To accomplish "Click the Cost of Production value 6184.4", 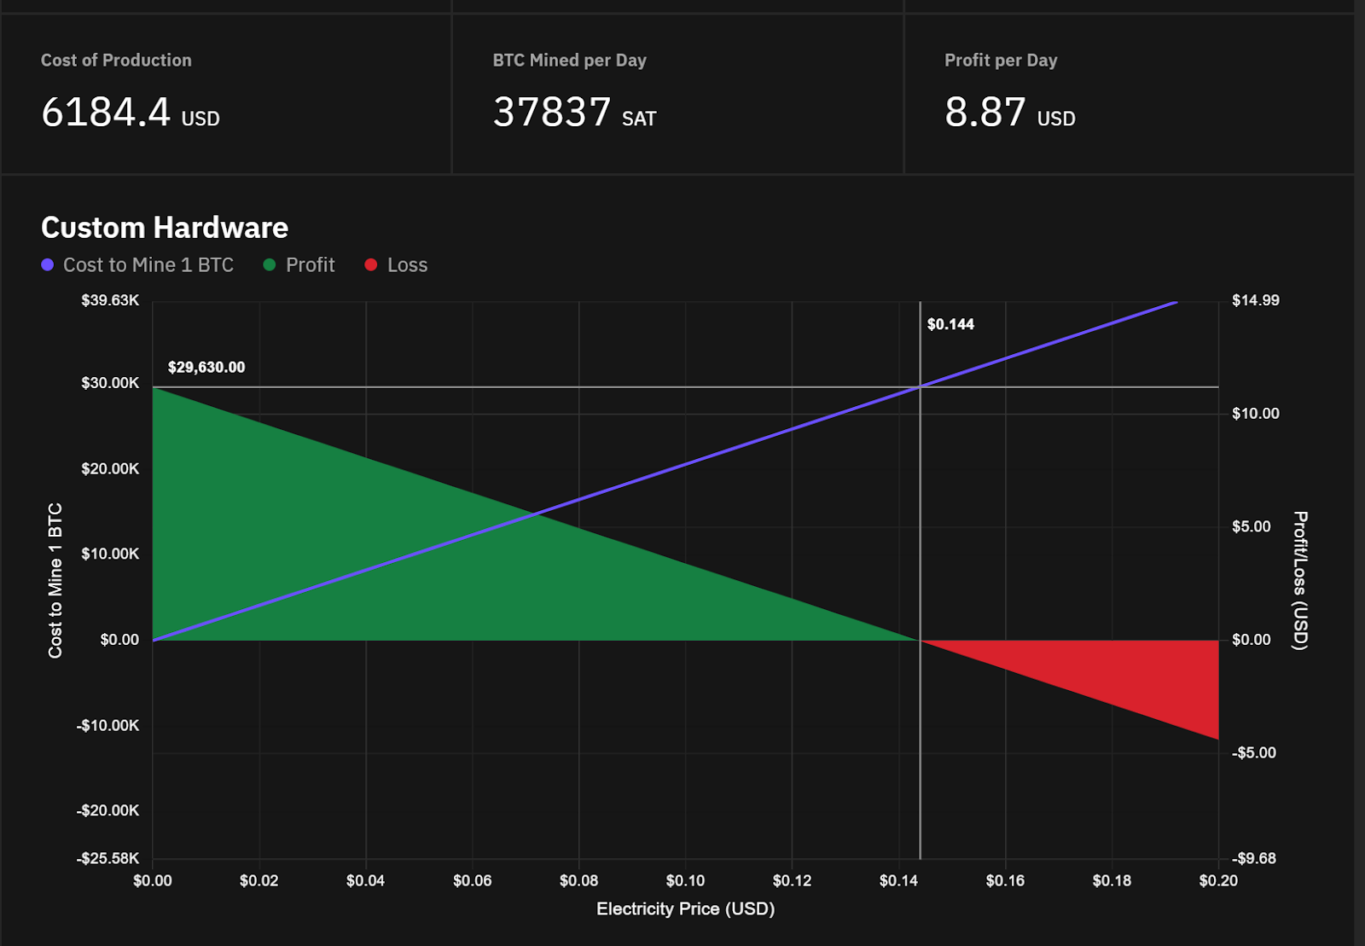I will [106, 113].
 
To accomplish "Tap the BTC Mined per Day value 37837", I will [552, 113].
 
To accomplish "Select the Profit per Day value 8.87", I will [985, 113].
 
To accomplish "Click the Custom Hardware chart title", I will [165, 228].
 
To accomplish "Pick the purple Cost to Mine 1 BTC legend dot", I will [48, 265].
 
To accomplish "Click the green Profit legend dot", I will [270, 265].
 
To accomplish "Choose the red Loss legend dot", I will [371, 265].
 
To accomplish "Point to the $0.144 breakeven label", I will [950, 324].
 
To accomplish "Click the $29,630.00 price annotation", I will [206, 368].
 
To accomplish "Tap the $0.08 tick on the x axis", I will [578, 880].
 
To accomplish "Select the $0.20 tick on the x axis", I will [1218, 880].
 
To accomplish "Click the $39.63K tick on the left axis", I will [110, 300].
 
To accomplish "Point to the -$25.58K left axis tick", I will [107, 858].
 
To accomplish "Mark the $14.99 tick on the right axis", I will [1256, 300].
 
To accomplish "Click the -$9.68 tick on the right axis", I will [1254, 858].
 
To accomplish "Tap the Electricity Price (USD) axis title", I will [685, 909].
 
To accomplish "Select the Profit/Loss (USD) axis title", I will [1299, 581].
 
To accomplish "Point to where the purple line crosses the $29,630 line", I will [921, 387].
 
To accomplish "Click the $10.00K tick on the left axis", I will [110, 554].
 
